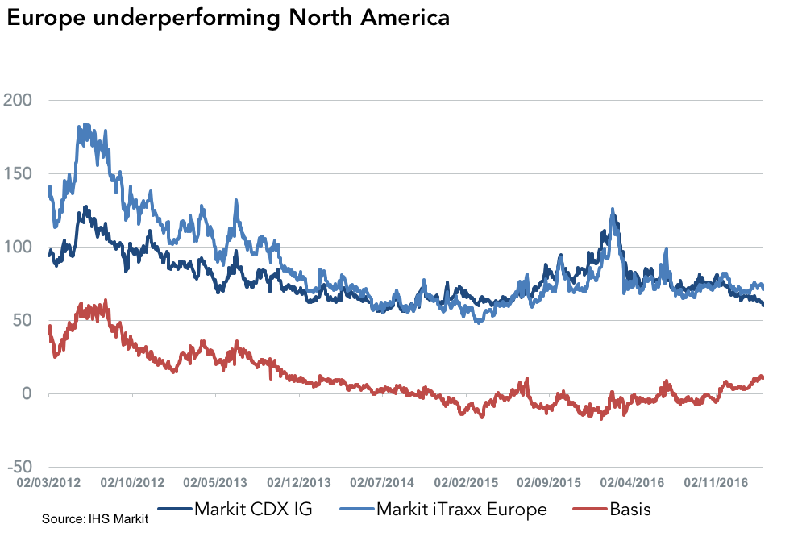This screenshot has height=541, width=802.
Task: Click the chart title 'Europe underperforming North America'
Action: (228, 19)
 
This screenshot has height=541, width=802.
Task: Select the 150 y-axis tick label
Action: (19, 173)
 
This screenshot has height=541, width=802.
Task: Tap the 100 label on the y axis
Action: (19, 247)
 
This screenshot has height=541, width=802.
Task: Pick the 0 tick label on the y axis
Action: (27, 393)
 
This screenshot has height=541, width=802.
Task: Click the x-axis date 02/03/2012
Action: (50, 483)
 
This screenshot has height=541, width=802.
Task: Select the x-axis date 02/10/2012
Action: (133, 483)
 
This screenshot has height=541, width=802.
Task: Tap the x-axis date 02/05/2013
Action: (216, 483)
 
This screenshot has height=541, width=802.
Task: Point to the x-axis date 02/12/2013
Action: (299, 483)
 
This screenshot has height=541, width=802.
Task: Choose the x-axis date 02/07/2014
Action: (382, 483)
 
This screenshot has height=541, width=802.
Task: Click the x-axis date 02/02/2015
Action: (465, 483)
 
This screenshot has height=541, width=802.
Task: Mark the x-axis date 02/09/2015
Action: (548, 483)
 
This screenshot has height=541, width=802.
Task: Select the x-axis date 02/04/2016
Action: (631, 483)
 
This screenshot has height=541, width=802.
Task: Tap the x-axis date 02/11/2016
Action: (714, 483)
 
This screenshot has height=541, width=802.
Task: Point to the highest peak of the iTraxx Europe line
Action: (84, 125)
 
